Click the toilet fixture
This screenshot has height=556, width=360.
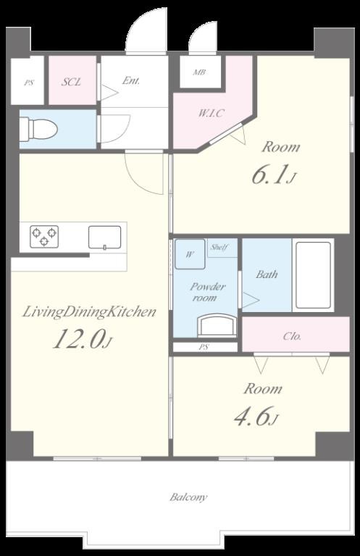point(38,129)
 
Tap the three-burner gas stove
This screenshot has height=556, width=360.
point(44,237)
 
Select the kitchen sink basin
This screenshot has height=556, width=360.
point(104,237)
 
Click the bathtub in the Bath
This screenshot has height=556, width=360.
point(314,275)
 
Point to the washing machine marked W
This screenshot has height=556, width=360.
point(190,254)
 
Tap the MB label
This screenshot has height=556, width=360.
point(199,72)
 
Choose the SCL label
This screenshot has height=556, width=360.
point(71,83)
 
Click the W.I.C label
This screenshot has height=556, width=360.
point(211,113)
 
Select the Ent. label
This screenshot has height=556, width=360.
point(131,81)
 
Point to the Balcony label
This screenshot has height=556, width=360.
point(188,497)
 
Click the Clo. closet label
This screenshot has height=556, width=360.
point(292,336)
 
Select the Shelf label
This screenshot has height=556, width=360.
point(219,248)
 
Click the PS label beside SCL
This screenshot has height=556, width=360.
point(29,83)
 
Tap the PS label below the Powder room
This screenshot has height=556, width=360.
point(204,347)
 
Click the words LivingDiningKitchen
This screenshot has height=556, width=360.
point(89,312)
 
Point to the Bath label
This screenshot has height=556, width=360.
point(267,274)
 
